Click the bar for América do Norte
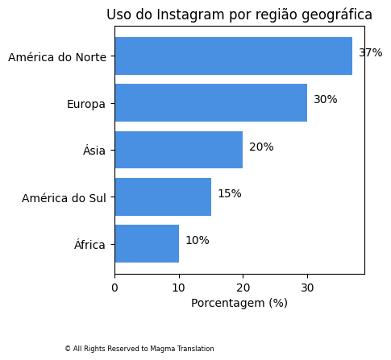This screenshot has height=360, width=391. tap(233, 56)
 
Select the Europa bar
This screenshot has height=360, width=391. tap(210, 103)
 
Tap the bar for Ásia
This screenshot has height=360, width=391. tap(178, 150)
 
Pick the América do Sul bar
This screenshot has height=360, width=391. tap(163, 197)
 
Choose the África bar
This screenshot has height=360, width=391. tap(147, 244)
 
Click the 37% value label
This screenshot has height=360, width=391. tap(370, 53)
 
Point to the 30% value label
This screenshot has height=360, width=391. tap(326, 100)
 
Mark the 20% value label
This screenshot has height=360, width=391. tap(261, 147)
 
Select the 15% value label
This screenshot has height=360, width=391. tap(229, 194)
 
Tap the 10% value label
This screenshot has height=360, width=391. tap(198, 241)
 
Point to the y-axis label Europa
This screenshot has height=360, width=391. tap(86, 104)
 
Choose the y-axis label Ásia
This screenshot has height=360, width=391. tap(94, 151)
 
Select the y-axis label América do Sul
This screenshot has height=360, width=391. tap(64, 198)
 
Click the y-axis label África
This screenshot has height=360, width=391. tap(89, 245)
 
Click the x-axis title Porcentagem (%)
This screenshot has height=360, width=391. tap(239, 304)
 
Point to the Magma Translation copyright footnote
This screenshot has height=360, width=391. tap(139, 349)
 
